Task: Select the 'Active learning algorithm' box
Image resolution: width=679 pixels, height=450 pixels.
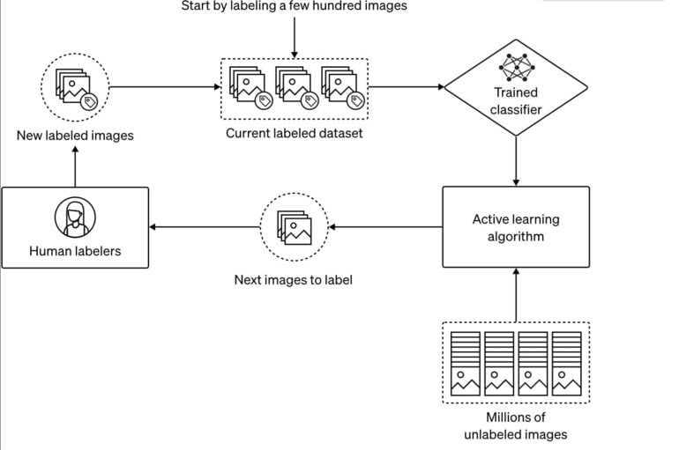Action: (x=515, y=227)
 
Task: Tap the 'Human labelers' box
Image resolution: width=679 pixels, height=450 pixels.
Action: (x=75, y=227)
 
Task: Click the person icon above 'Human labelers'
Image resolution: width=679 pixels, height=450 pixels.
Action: (x=74, y=217)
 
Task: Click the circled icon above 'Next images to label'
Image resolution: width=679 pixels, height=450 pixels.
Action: (x=294, y=226)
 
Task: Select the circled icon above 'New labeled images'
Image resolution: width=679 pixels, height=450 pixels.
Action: (x=75, y=86)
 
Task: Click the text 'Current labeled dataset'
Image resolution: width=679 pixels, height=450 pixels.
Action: (x=294, y=134)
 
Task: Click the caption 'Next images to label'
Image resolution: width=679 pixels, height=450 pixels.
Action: (x=294, y=281)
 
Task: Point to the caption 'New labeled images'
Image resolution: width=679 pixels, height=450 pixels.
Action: (x=75, y=136)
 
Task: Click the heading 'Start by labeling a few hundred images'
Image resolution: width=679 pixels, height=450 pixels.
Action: (x=295, y=7)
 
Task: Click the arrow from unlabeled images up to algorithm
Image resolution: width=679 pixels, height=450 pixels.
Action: (x=515, y=294)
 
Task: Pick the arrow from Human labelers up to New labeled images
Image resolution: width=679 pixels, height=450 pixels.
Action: (x=75, y=166)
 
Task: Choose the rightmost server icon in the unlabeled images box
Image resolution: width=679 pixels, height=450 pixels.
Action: (x=566, y=361)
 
